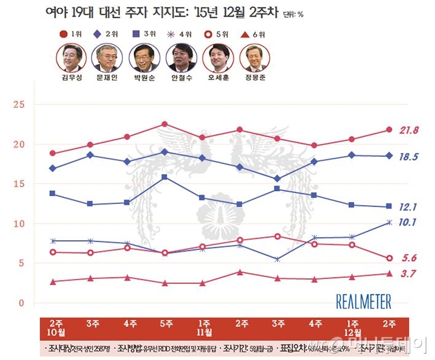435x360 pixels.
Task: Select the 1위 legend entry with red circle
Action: point(72,33)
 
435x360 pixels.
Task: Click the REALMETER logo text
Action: point(363,301)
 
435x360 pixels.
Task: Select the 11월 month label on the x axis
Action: point(203,333)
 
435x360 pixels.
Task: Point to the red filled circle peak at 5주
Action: point(165,124)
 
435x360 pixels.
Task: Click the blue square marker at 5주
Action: point(165,177)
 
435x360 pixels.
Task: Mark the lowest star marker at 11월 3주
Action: point(278,259)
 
